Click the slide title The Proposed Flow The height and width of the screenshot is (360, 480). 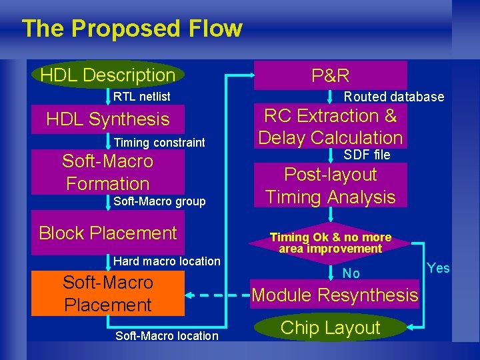pyautogui.click(x=132, y=29)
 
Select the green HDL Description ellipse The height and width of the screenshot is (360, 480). pyautogui.click(x=108, y=75)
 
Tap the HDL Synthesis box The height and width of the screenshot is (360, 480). pyautogui.click(x=108, y=119)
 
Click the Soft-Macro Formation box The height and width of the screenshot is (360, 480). pyautogui.click(x=108, y=172)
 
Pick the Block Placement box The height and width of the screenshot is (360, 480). pyautogui.click(x=108, y=233)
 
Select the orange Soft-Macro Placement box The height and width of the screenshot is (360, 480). pyautogui.click(x=108, y=293)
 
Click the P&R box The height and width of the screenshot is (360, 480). pyautogui.click(x=331, y=75)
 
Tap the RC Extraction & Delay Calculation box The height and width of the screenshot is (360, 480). pyautogui.click(x=331, y=127)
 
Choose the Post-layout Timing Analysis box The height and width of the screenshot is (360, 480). pyautogui.click(x=331, y=186)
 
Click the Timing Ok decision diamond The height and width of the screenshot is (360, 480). pyautogui.click(x=331, y=243)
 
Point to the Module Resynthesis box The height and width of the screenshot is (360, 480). pyautogui.click(x=335, y=295)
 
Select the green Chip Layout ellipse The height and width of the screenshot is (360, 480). pyautogui.click(x=331, y=327)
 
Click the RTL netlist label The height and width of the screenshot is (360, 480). pyautogui.click(x=141, y=97)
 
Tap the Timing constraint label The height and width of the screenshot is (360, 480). pyautogui.click(x=159, y=143)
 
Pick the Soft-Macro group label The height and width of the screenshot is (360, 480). pyautogui.click(x=160, y=201)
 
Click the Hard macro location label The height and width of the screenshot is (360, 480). pyautogui.click(x=167, y=261)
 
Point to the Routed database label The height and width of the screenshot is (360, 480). pyautogui.click(x=393, y=97)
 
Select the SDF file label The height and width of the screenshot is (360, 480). pyautogui.click(x=367, y=155)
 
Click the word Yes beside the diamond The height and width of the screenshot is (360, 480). pyautogui.click(x=438, y=268)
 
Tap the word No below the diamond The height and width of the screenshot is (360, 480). pyautogui.click(x=351, y=273)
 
